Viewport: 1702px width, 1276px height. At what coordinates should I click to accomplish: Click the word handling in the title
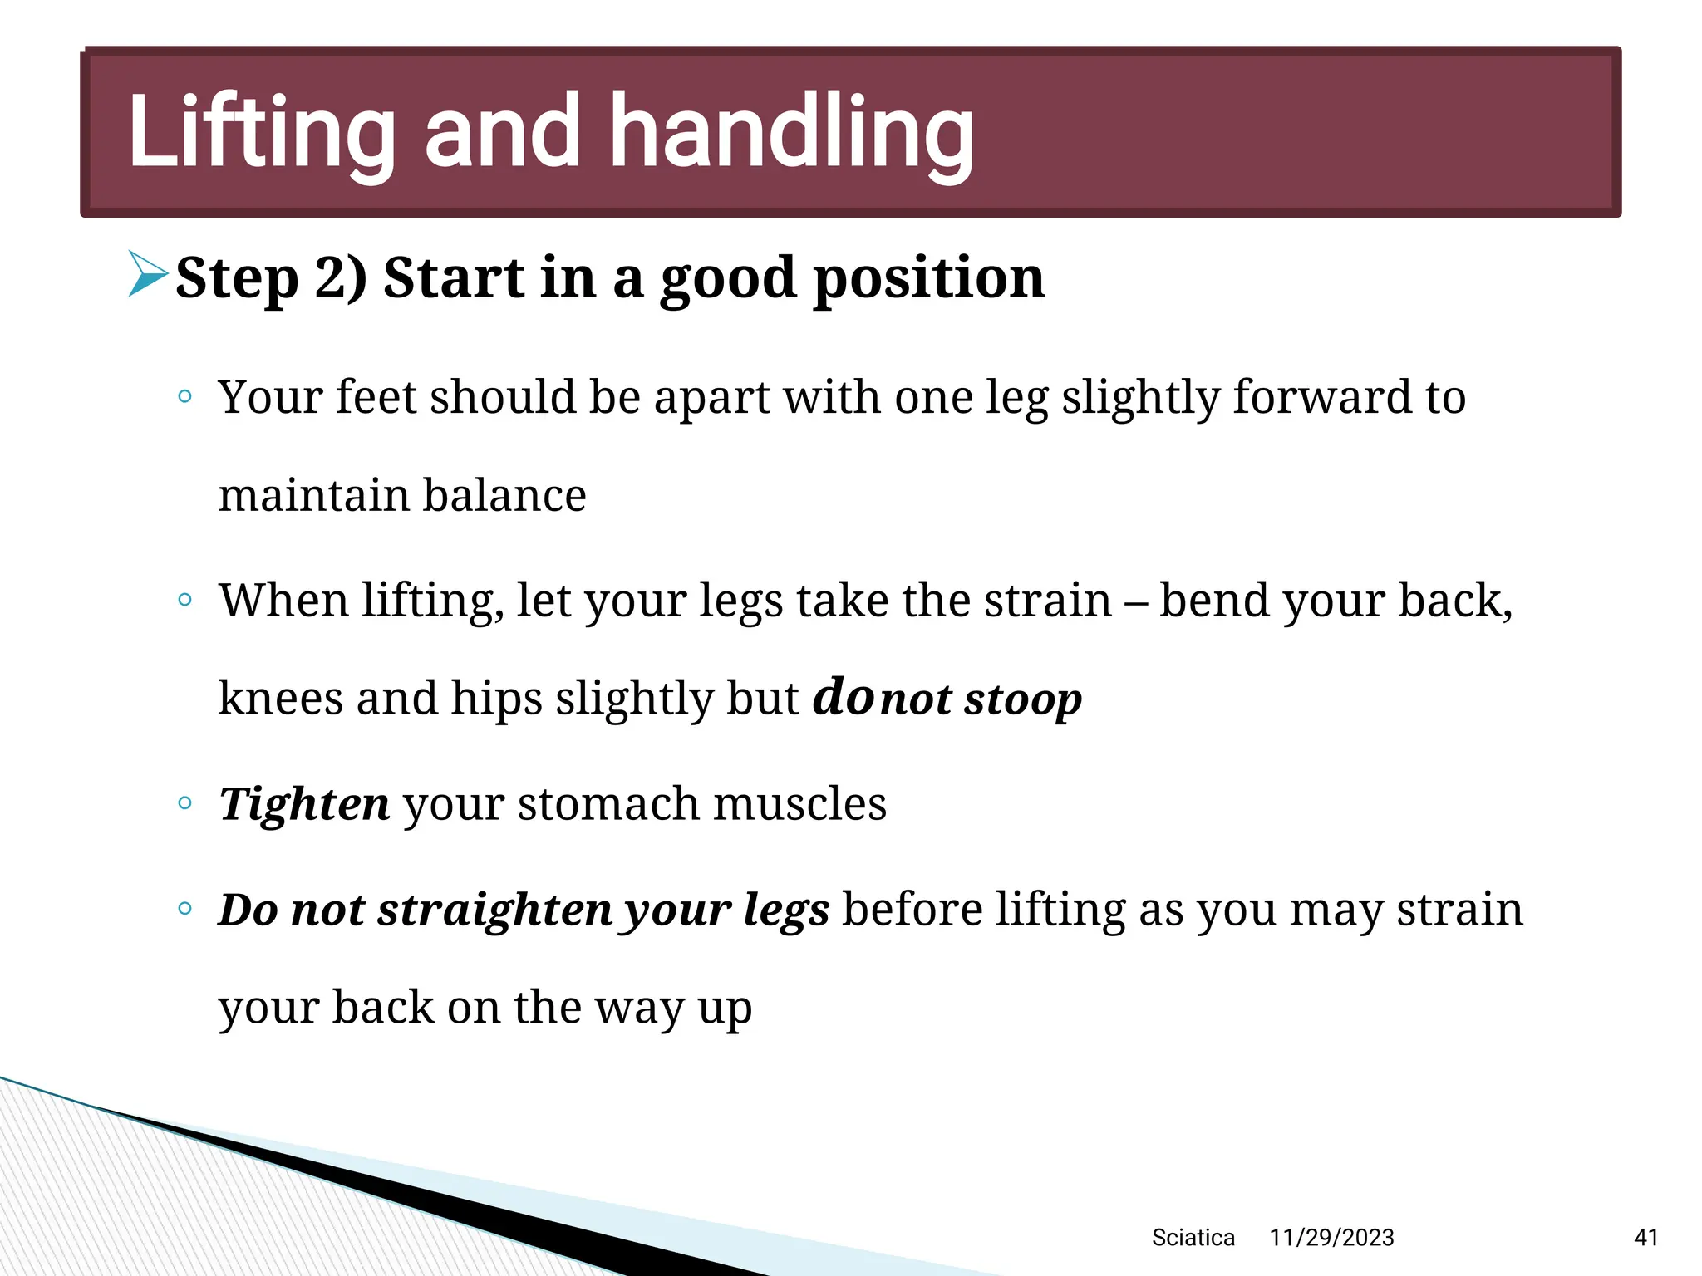tap(791, 135)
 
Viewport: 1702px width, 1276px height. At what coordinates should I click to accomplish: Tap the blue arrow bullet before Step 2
tap(148, 273)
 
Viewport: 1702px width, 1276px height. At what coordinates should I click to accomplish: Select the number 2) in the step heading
tap(341, 277)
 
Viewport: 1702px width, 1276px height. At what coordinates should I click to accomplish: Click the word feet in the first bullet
tap(375, 397)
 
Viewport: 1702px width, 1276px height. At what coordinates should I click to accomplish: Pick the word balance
tap(504, 495)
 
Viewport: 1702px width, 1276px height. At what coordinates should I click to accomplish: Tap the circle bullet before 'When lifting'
tap(185, 599)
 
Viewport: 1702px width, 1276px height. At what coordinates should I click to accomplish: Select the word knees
tap(281, 698)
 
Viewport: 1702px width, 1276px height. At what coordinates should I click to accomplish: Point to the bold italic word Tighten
tap(304, 804)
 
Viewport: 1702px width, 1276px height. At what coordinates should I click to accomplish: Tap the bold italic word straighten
tap(495, 910)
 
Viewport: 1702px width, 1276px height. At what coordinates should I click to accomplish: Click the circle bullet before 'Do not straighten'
tap(185, 908)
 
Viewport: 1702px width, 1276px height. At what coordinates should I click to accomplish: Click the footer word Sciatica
tap(1193, 1238)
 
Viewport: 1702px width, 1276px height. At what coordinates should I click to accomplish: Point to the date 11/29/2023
tap(1331, 1238)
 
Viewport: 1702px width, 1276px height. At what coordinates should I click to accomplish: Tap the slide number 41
tap(1645, 1238)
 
